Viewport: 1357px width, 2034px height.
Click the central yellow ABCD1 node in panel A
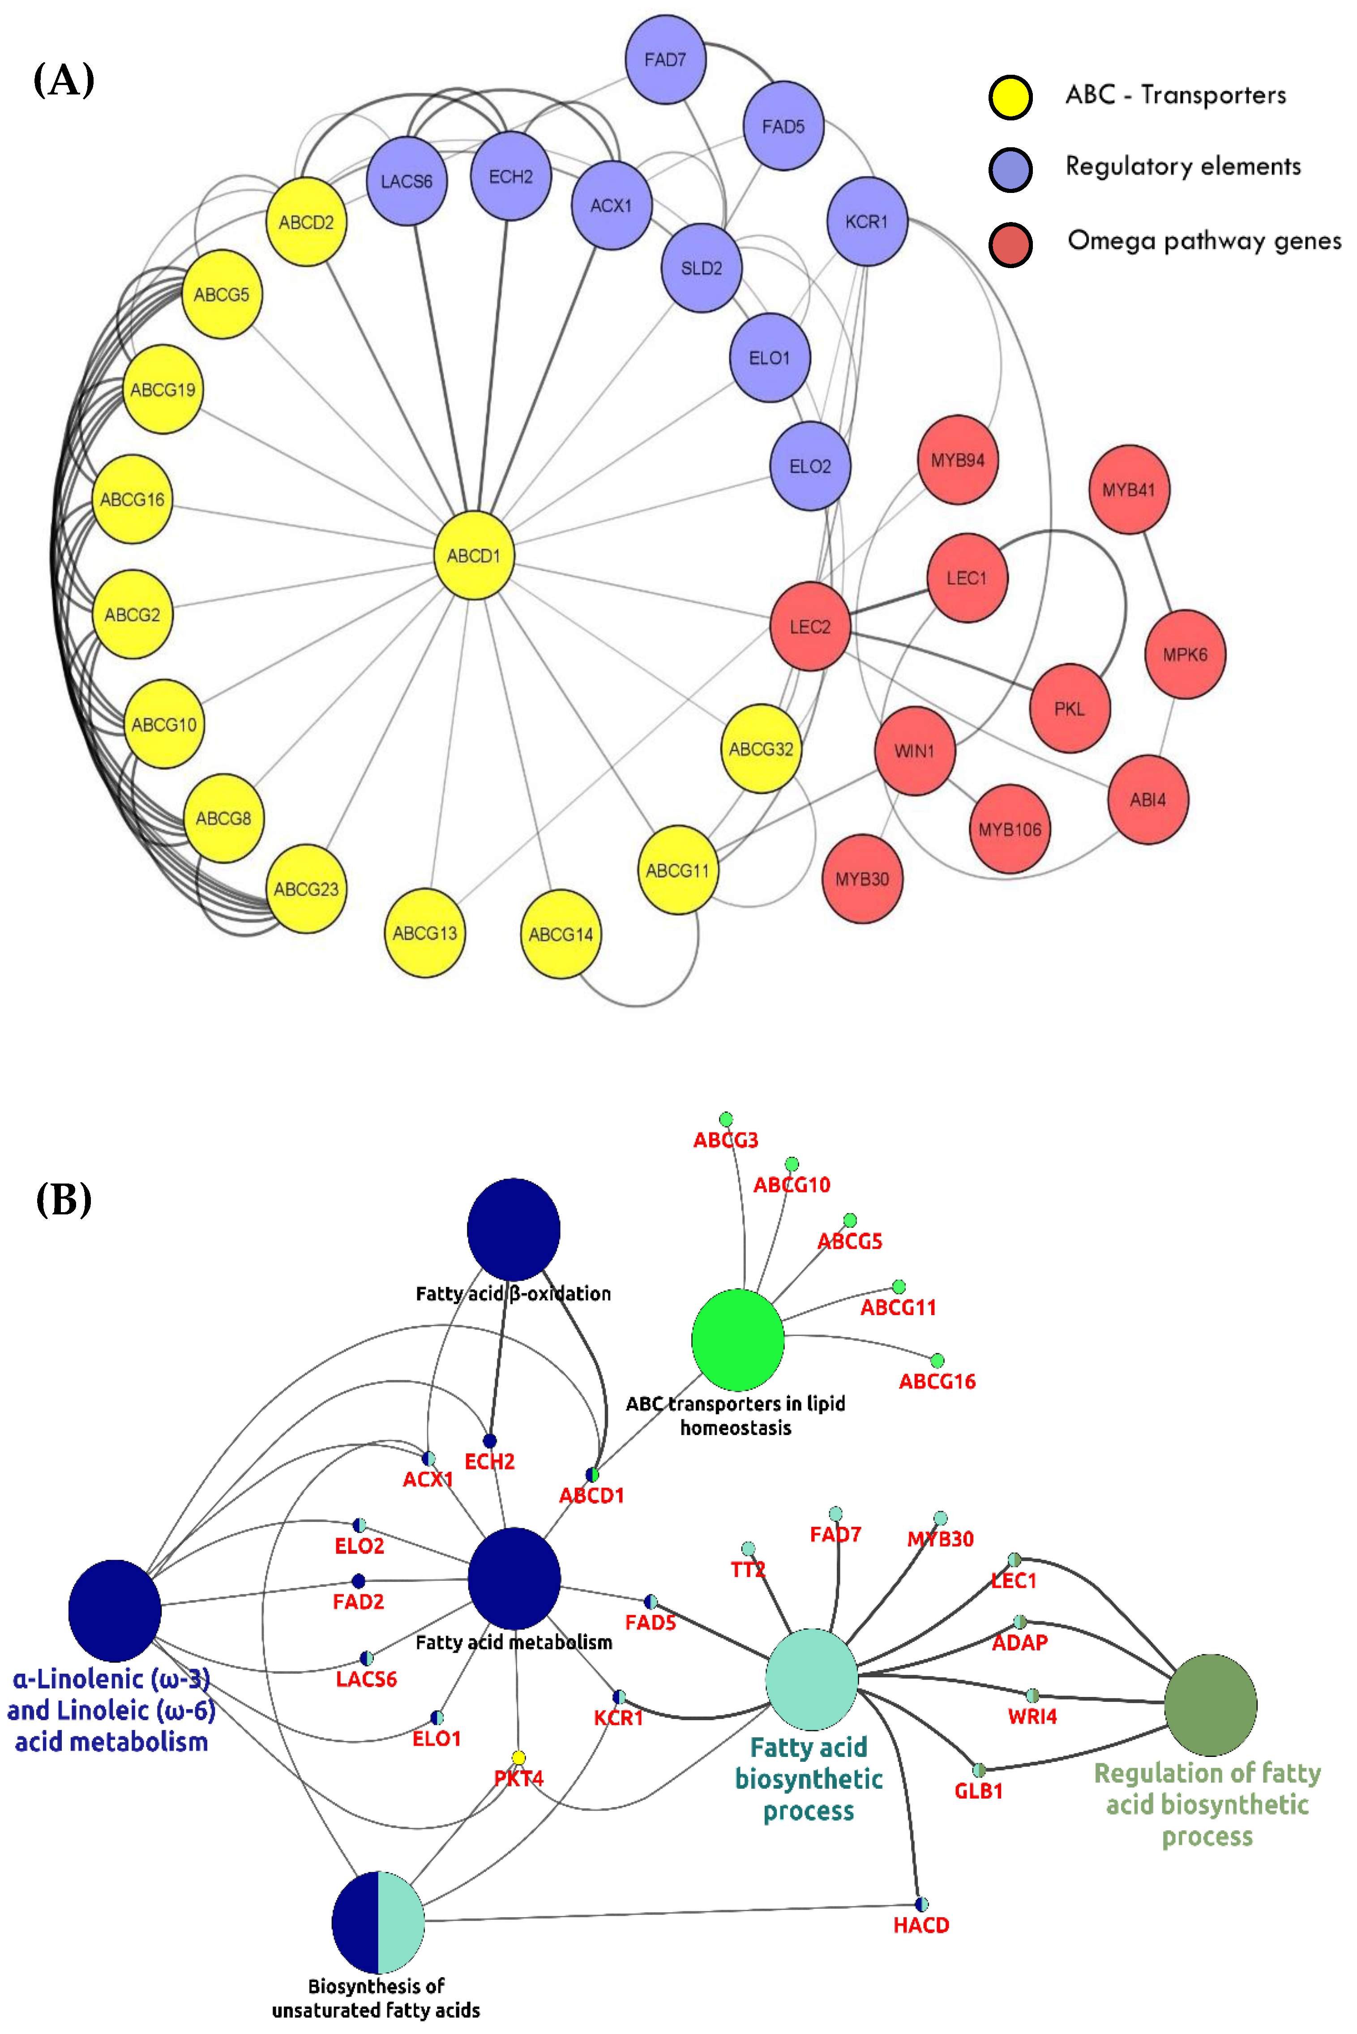(473, 556)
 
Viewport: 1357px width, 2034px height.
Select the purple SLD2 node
(701, 268)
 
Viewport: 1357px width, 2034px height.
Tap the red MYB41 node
(1129, 490)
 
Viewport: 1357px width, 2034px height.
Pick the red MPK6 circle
(1185, 654)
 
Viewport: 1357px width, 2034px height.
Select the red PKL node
(1070, 709)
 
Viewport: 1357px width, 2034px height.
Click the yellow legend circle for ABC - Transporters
(1010, 97)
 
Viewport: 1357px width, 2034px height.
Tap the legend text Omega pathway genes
(1204, 240)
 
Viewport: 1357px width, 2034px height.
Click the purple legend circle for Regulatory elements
(1010, 169)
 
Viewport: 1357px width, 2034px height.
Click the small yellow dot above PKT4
(518, 1757)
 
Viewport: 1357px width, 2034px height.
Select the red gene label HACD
(921, 1925)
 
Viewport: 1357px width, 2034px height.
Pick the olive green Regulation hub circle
(1210, 1705)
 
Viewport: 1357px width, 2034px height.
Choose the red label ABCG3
(725, 1140)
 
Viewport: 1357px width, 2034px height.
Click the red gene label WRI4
(1032, 1717)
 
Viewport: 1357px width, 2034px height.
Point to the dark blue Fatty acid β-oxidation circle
(513, 1229)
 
